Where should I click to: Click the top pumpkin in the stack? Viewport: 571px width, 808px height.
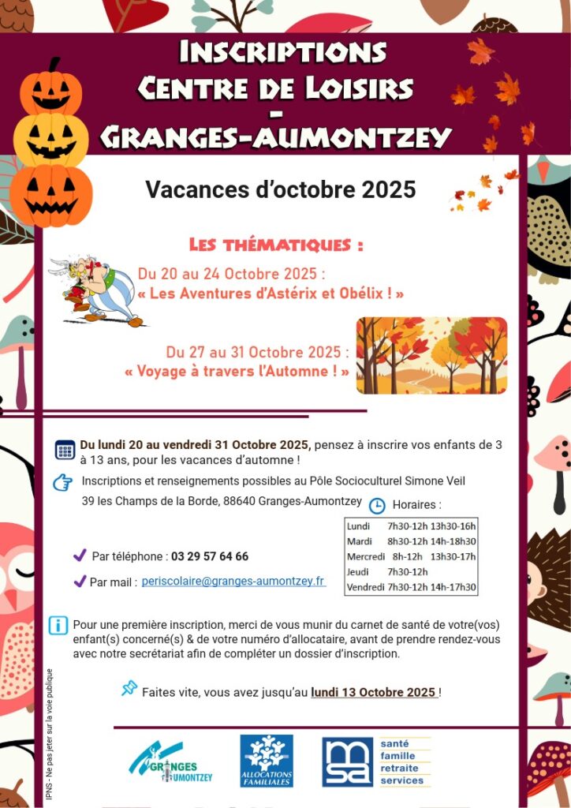coord(51,88)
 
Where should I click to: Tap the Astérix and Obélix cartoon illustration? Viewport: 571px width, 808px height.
coord(97,289)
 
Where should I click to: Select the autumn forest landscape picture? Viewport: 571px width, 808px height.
coord(431,355)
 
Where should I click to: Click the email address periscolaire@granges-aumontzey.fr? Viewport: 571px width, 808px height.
coord(233,581)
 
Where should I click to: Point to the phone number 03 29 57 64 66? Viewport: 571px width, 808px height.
coord(209,556)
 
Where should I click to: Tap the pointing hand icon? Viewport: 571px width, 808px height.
coord(62,482)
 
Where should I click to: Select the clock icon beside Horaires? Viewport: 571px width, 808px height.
coord(377,505)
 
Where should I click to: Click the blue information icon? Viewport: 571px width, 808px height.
coord(58,625)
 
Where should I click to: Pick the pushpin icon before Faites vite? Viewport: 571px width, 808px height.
coord(129,688)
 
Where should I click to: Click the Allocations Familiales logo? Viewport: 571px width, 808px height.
coord(266,761)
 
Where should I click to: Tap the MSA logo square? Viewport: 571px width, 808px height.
coord(347,762)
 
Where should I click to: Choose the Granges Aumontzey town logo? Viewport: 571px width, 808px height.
coord(171,762)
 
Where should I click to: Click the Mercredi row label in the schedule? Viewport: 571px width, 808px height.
coord(364,556)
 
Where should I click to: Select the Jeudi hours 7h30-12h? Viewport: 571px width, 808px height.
coord(407,571)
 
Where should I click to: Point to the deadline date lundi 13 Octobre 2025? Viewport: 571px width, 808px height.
coord(373,692)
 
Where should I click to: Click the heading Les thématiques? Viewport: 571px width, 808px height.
coord(276,245)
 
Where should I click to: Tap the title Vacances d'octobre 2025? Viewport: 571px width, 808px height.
coord(280,190)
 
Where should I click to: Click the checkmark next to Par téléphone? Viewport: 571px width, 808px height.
coord(80,555)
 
